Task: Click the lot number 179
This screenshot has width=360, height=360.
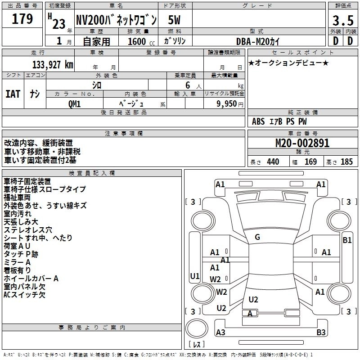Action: (23, 19)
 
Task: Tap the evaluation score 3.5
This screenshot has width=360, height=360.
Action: (342, 21)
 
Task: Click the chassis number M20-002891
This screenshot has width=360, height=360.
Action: (302, 144)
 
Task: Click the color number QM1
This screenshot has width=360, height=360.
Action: (75, 103)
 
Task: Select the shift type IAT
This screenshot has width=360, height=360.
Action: (13, 94)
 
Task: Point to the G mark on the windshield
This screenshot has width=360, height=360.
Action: (257, 237)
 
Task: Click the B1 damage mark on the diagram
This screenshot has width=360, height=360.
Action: (346, 240)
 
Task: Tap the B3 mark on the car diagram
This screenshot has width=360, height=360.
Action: (321, 333)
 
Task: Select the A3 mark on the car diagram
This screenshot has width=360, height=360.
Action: (220, 333)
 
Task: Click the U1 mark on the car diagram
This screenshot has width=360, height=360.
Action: (194, 276)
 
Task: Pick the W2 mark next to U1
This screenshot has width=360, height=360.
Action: (216, 279)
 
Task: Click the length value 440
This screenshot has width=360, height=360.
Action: (273, 162)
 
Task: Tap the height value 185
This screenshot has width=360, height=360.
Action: (346, 162)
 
